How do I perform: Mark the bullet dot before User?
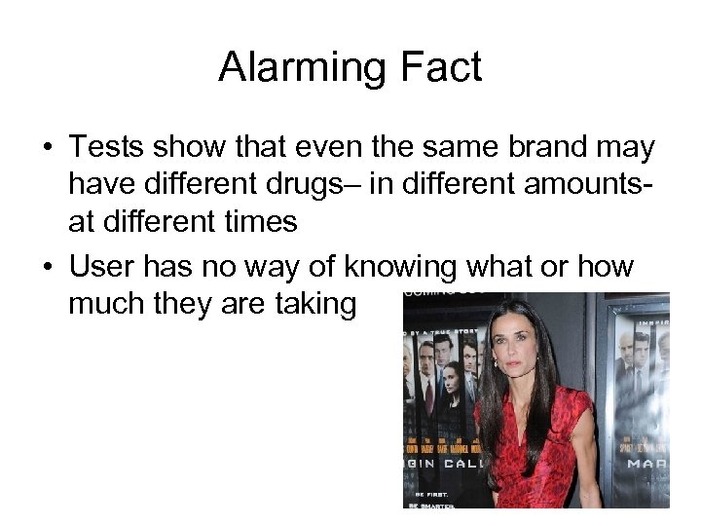(46, 268)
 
